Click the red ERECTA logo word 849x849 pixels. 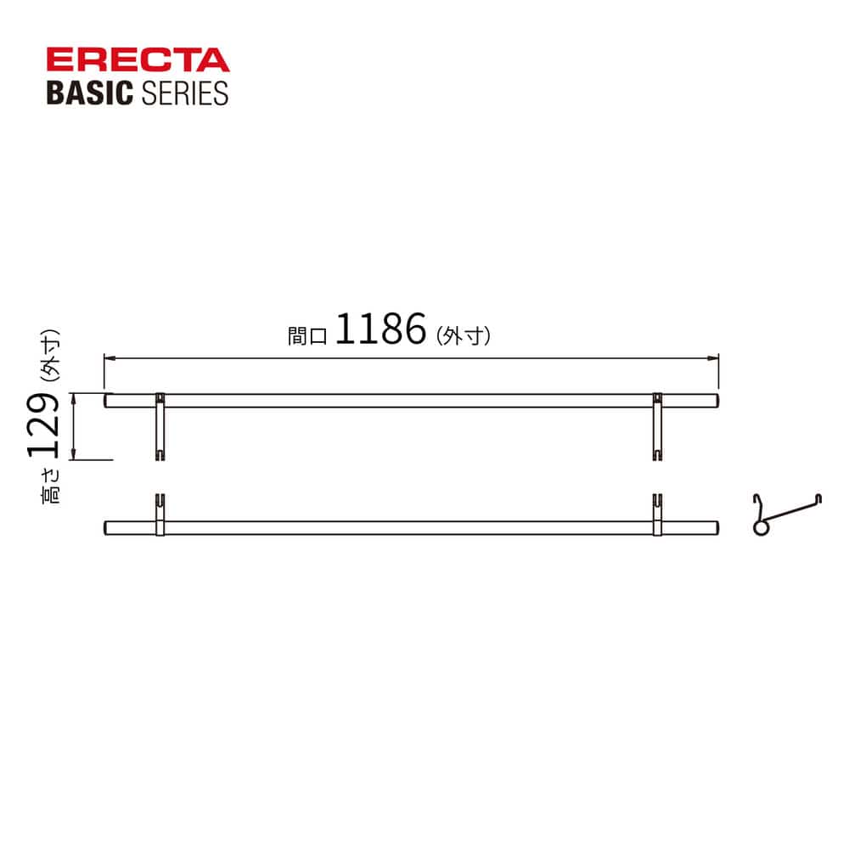(138, 59)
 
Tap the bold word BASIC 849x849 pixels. (90, 93)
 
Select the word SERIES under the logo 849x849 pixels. (184, 93)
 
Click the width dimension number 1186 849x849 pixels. (380, 329)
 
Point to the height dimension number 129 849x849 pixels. (43, 425)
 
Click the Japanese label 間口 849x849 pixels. (307, 335)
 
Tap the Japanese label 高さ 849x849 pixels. (51, 486)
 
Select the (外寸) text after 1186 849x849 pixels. (464, 335)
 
